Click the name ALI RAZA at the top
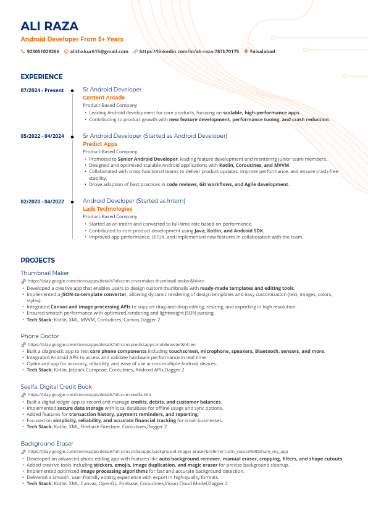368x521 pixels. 49,26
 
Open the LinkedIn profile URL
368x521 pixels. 189,51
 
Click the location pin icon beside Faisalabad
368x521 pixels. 246,51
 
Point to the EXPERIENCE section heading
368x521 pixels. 41,77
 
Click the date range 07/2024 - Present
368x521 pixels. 42,90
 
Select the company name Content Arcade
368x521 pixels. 104,98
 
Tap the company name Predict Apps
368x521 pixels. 100,144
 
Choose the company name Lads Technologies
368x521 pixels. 107,209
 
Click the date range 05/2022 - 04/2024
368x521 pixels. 42,136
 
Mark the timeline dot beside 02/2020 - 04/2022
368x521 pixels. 72,201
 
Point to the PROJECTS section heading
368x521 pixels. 38,260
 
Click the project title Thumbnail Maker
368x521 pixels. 44,273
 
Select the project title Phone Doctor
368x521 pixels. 40,336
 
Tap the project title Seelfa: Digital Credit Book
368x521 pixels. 56,387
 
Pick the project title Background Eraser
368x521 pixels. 47,444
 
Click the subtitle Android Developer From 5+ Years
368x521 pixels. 72,39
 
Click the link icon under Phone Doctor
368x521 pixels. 23,344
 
